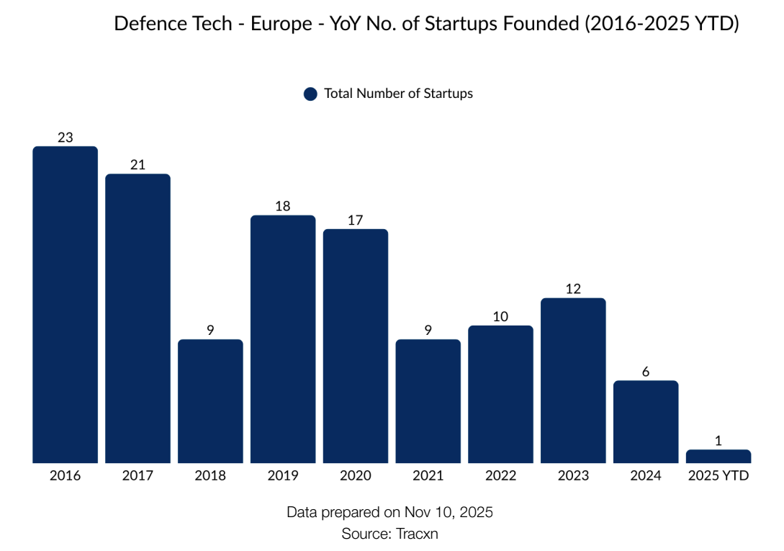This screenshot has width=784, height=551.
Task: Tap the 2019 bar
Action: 283,339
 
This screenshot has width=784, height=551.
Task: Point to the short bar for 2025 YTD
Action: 718,456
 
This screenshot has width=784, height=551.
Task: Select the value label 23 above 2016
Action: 65,137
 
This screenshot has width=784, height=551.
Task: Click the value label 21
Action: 138,164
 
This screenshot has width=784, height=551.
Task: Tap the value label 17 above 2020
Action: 355,220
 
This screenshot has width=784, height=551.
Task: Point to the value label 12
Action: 573,289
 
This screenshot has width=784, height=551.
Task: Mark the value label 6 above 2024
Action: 646,372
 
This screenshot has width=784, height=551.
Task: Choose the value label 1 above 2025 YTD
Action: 718,441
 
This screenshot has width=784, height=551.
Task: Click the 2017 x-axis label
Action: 138,476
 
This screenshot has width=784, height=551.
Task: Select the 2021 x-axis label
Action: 428,476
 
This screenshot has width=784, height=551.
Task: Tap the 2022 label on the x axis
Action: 500,476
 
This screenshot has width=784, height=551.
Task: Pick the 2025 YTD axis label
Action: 718,476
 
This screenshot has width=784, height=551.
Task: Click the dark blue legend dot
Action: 310,94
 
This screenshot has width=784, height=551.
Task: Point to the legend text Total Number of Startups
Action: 398,94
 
